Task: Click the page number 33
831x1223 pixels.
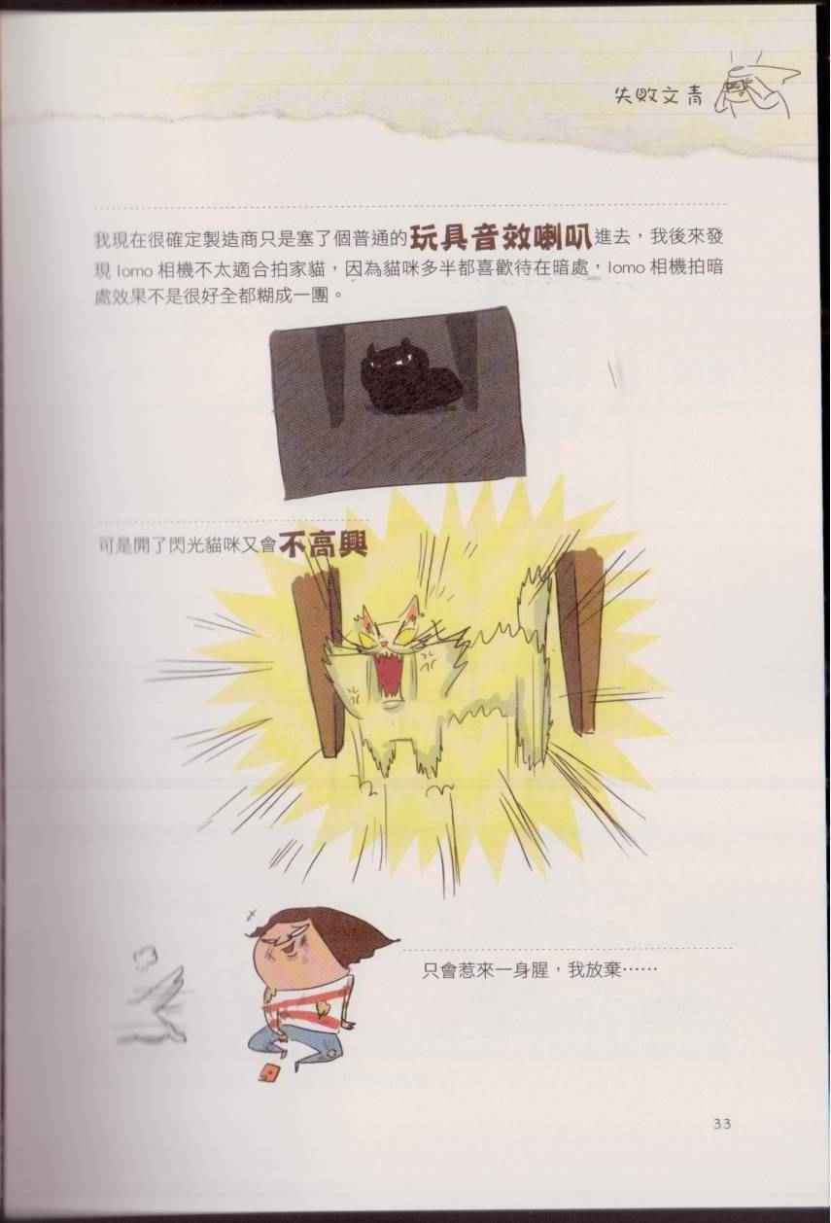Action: pos(722,1124)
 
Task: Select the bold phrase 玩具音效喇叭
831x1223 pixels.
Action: pos(502,236)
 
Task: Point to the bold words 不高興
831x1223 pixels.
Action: pos(322,544)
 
